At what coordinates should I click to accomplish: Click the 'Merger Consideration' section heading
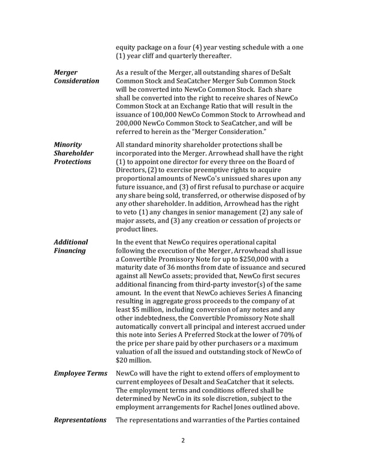click(76, 77)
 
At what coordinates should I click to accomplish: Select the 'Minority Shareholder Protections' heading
click(75, 154)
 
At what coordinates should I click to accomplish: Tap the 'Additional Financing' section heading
click(71, 246)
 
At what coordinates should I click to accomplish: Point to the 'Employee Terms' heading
click(80, 374)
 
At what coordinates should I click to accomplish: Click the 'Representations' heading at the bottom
click(80, 420)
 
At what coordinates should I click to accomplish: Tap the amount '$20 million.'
click(134, 361)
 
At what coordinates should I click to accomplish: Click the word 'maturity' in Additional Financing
click(131, 269)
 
